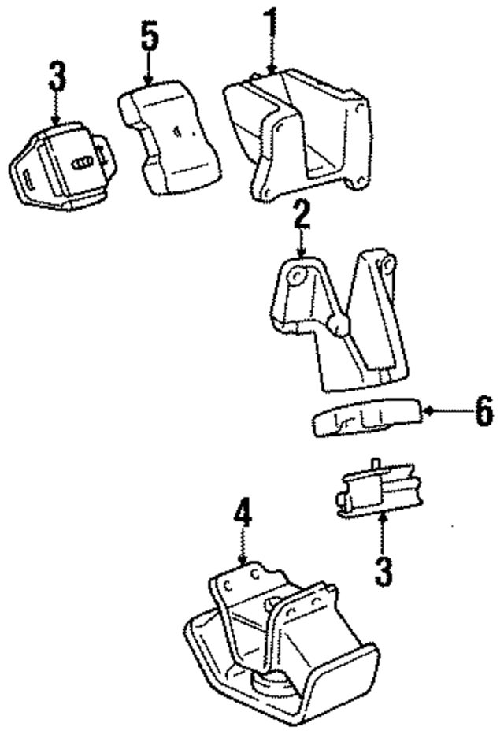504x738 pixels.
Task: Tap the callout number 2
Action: pos(300,214)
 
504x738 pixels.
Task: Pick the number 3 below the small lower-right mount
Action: pos(383,569)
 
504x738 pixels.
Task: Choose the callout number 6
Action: pos(483,410)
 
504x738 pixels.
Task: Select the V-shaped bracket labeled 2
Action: pos(339,323)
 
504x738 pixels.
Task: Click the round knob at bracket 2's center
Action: pos(339,325)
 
